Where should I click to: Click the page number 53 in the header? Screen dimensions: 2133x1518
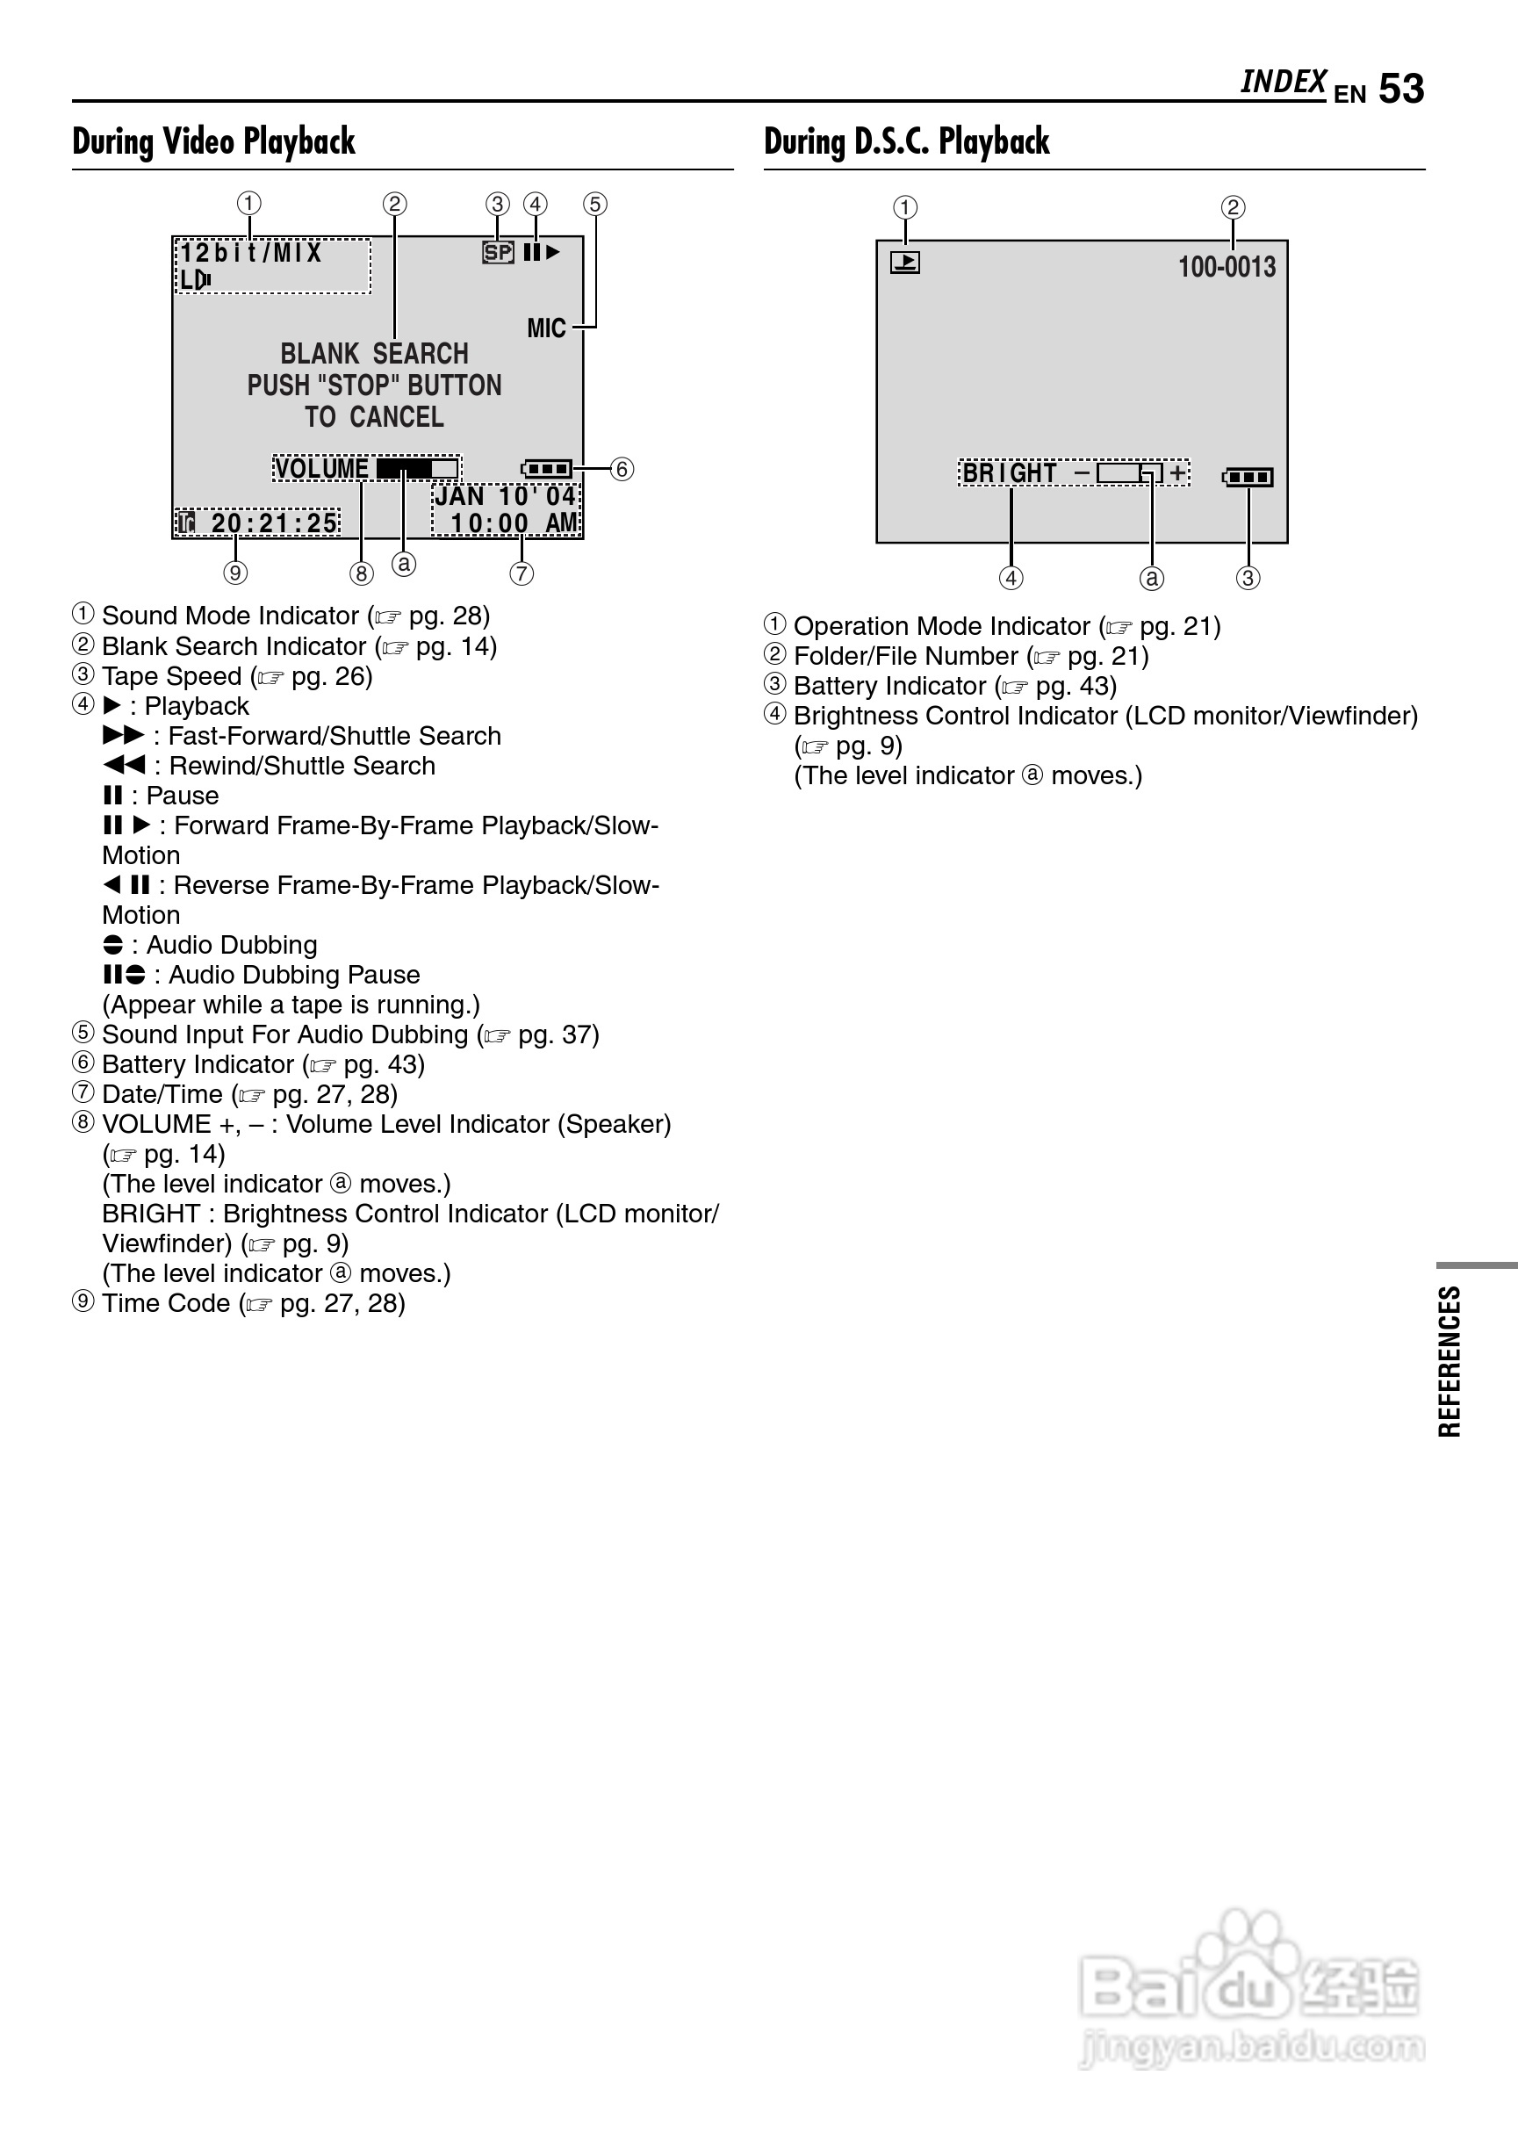click(1400, 90)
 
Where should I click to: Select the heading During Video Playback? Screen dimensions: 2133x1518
click(213, 142)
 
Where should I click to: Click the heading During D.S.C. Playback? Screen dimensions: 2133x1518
click(906, 142)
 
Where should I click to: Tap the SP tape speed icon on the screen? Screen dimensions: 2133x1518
click(498, 252)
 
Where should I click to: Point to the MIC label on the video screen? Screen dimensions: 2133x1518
click(546, 328)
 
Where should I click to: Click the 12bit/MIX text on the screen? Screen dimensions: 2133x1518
click(250, 253)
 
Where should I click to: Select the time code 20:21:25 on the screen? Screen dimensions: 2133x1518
click(274, 522)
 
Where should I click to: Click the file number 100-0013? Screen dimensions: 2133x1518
click(1227, 267)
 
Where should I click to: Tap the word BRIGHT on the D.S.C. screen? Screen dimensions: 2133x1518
click(1010, 473)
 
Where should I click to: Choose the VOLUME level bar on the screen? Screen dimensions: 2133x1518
click(418, 467)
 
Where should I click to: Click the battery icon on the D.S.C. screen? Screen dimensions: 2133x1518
click(1248, 478)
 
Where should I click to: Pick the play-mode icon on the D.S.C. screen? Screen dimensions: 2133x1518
click(905, 263)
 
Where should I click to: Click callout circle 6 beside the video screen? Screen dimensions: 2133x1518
click(622, 468)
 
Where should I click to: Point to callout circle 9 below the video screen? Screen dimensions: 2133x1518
click(235, 572)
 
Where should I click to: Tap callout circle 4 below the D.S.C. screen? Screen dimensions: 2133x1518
click(1011, 578)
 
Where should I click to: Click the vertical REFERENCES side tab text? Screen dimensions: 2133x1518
click(1449, 1361)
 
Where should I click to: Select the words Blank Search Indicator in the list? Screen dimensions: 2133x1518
click(234, 646)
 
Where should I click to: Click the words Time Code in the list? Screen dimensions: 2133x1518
click(165, 1303)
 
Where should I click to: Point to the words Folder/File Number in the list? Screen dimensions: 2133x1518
click(905, 656)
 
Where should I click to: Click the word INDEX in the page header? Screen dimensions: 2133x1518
click(1283, 83)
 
